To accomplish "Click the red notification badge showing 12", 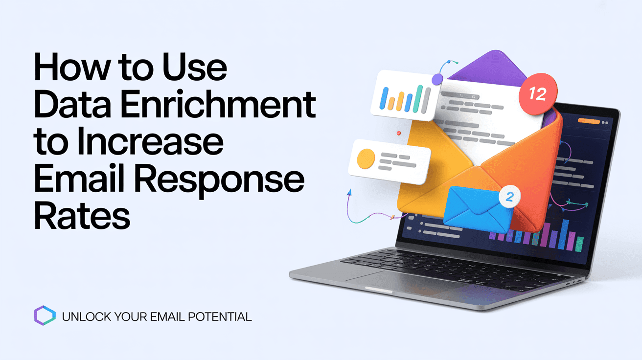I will click(537, 93).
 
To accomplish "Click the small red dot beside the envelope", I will click(399, 133).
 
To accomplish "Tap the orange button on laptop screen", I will click(589, 120).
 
